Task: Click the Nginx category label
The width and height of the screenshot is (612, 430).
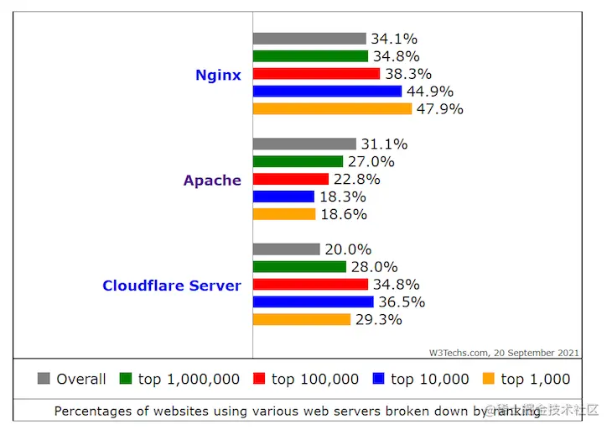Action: pos(218,75)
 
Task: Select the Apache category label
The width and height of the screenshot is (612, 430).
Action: pos(212,180)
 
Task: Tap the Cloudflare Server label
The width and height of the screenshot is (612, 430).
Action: pos(171,286)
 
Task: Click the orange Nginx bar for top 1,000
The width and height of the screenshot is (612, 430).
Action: pos(332,109)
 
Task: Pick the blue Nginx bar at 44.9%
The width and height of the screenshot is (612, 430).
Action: pos(327,92)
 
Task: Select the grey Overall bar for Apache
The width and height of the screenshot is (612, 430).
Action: pos(304,144)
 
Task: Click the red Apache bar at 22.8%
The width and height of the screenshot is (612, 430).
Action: pos(290,179)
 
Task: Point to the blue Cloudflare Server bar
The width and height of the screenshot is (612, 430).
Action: pos(313,302)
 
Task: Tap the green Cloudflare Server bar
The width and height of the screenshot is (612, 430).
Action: pos(299,267)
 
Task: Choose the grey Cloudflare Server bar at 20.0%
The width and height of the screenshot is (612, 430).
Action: pos(286,249)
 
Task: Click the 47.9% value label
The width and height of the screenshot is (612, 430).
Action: pos(440,109)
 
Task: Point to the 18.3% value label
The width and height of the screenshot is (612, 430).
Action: pos(342,197)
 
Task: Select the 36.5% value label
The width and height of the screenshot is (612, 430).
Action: pos(402,302)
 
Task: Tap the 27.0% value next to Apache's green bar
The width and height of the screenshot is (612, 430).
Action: pos(371,161)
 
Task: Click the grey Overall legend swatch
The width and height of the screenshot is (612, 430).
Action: pos(44,379)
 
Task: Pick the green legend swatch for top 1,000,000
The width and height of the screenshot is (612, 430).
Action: pos(126,379)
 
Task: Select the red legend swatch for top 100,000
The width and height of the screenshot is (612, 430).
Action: pos(259,379)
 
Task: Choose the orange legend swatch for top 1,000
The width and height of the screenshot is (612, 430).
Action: pos(488,379)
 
